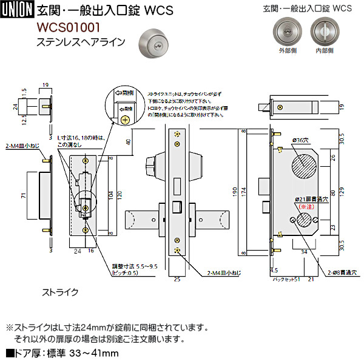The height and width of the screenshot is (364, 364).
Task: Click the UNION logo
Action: click(x=18, y=10)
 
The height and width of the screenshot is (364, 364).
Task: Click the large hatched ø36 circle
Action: click(x=305, y=166)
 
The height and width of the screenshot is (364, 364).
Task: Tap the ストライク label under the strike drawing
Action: click(x=59, y=292)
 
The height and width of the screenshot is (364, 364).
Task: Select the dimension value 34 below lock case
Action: click(x=303, y=249)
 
